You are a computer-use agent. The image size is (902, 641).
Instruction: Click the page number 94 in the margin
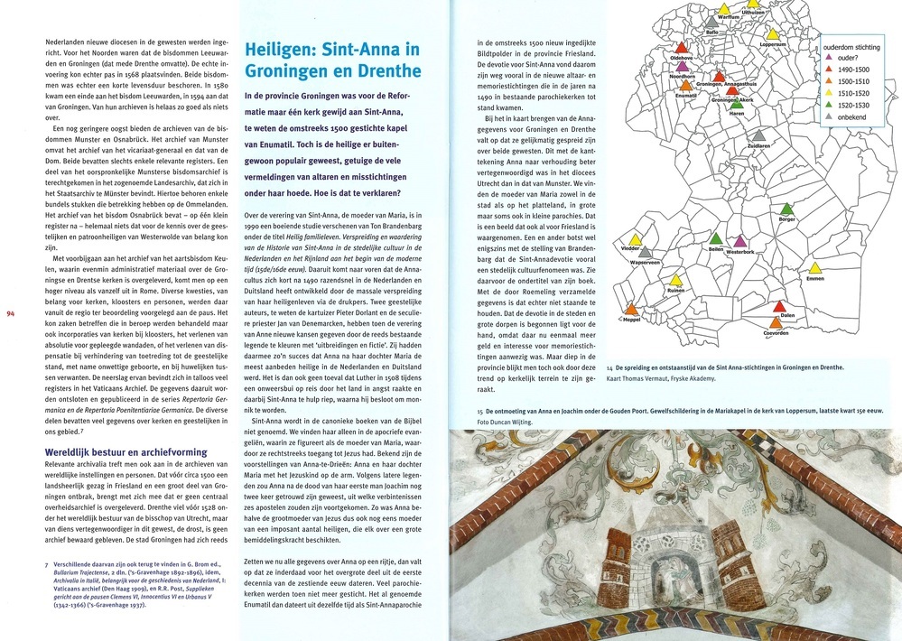click(x=11, y=313)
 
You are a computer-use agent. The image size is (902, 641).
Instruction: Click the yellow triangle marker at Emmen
click(x=814, y=268)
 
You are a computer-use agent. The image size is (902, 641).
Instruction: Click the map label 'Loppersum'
click(x=775, y=43)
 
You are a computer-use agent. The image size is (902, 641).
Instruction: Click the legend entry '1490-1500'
click(x=853, y=69)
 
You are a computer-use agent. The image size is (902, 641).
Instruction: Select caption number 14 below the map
click(x=611, y=368)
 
